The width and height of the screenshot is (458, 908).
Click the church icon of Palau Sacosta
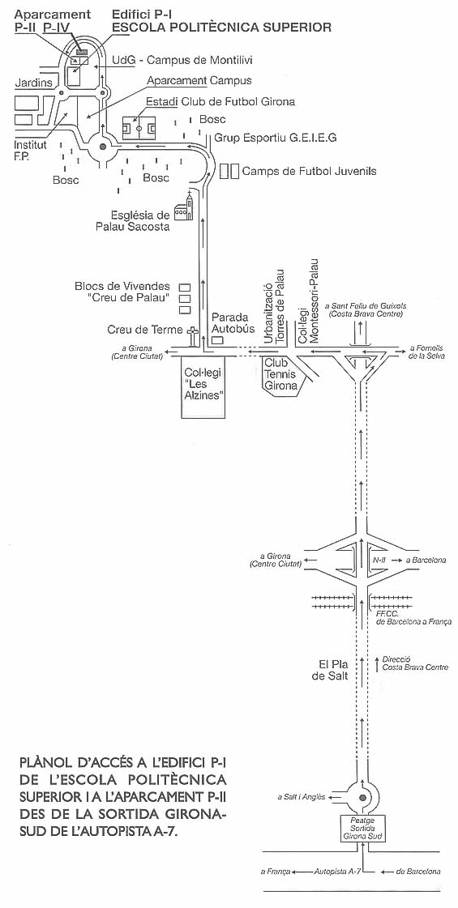184,207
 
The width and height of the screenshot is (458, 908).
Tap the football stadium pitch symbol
139,128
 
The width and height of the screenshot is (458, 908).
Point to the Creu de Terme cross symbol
192,335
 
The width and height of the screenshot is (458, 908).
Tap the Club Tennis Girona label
280,374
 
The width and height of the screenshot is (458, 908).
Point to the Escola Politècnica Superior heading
221,27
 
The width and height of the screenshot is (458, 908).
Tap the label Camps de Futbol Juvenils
309,171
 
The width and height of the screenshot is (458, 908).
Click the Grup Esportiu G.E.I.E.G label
276,138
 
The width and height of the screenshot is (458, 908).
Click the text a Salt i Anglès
302,798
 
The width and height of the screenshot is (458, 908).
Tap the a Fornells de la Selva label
426,352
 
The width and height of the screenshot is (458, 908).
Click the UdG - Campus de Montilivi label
182,60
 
